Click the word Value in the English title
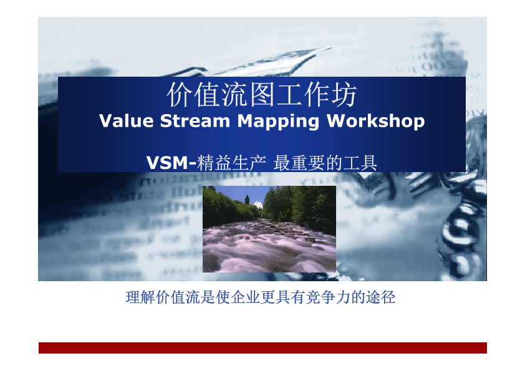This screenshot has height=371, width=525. click(126, 120)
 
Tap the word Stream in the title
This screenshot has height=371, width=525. click(195, 120)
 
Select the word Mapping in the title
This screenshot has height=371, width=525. click(278, 122)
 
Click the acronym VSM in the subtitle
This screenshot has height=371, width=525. click(167, 163)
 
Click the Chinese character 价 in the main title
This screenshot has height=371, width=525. click(180, 95)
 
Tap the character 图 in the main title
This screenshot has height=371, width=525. click(262, 95)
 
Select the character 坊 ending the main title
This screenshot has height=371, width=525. click(345, 95)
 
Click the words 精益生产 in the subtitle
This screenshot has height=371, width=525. click(231, 163)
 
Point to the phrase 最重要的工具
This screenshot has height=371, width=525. click(325, 163)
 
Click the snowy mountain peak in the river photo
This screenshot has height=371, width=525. click(258, 205)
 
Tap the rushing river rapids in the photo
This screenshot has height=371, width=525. click(269, 247)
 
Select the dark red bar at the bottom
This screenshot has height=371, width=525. click(262, 348)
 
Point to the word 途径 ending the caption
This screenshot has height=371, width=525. click(381, 297)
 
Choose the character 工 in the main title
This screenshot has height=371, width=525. click(289, 95)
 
